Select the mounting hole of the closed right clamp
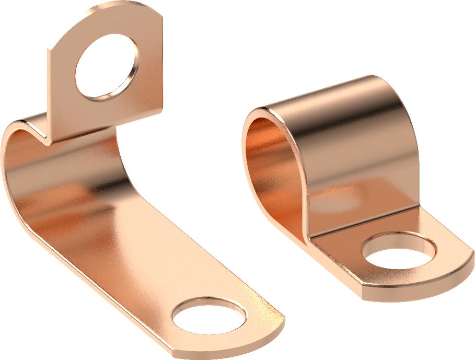[x=398, y=251]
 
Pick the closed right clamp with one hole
[x=355, y=183]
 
